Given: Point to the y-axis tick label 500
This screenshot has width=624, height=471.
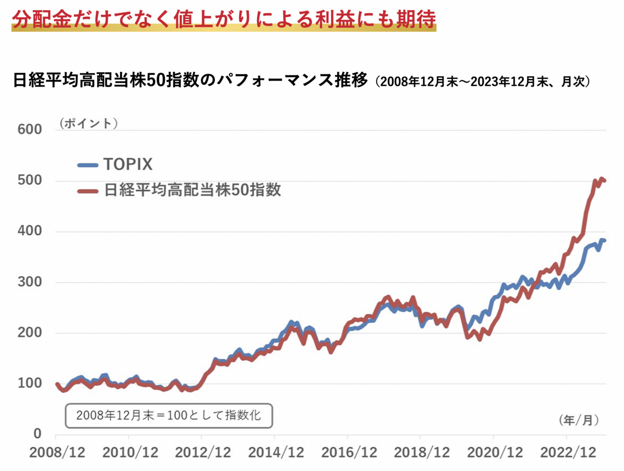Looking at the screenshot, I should point(30,180).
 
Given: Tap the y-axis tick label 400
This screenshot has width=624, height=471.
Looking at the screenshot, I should point(30,231).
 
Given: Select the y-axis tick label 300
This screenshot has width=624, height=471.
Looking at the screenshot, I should point(30,282).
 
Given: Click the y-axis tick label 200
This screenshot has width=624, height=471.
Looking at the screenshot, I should point(30,333).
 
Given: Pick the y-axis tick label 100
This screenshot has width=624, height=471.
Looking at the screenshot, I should point(30,384).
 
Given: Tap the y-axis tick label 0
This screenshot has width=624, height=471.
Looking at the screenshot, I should point(37,435).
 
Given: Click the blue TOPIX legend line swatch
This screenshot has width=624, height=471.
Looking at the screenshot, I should point(87,165).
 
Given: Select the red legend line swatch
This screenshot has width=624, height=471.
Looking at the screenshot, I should point(87,191).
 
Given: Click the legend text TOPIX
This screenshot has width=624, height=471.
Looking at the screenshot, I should point(127,165).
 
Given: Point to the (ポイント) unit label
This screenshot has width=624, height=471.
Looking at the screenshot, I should point(88,124).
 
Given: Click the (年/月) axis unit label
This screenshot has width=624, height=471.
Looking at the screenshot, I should point(579,420).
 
